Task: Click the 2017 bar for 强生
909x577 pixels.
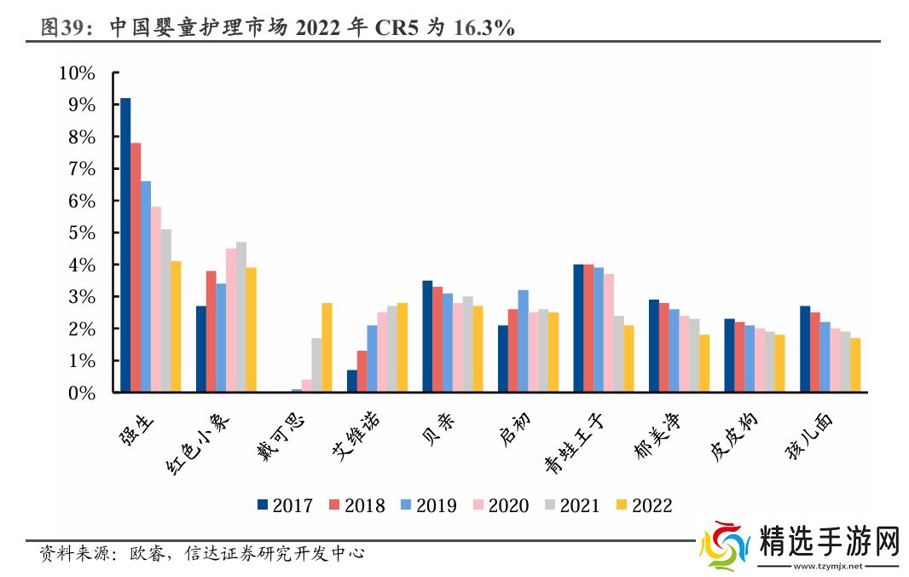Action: tap(125, 246)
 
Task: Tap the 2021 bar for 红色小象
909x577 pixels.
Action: tap(241, 318)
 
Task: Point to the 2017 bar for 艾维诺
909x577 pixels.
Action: tap(352, 382)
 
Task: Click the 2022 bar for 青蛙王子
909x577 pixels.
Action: tap(628, 359)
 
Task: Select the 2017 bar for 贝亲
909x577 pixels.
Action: tap(427, 337)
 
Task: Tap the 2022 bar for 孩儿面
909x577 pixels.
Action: tap(855, 365)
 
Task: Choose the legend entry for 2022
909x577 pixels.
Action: tap(644, 505)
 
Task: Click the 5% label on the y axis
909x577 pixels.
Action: tap(81, 233)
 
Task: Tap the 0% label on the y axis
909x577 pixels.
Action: tap(81, 393)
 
